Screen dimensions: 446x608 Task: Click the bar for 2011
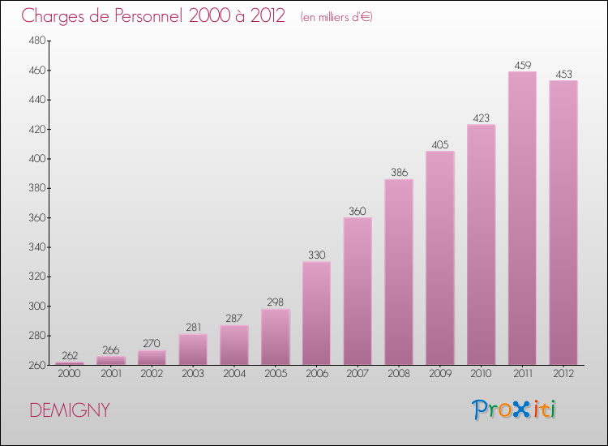coord(522,218)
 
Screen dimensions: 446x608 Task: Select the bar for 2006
coord(316,313)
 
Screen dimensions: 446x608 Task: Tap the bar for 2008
coord(399,272)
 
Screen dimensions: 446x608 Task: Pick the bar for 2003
coord(193,350)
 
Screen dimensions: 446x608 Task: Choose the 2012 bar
coord(563,222)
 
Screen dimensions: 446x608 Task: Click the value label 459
coord(522,65)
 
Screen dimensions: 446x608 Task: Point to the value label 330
coord(316,255)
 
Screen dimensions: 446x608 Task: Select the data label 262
coord(70,355)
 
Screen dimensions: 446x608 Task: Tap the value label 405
coord(440,145)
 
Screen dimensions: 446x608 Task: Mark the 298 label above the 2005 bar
coord(276,302)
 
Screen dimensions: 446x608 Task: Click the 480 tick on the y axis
coord(36,41)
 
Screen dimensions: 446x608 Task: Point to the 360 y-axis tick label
coord(36,218)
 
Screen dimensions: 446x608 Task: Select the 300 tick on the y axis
coord(36,307)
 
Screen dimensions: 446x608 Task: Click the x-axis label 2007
coord(358,374)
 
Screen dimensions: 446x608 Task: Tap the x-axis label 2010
coord(481,374)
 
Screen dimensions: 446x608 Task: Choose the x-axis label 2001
coord(110,374)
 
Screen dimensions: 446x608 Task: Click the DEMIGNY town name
coord(70,410)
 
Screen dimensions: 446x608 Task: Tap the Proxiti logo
coord(516,410)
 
